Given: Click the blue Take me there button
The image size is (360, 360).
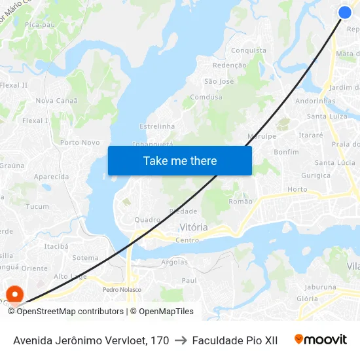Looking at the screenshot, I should click(180, 160).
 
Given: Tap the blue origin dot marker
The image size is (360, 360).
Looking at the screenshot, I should click(345, 12).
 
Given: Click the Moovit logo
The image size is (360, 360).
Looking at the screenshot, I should click(320, 340).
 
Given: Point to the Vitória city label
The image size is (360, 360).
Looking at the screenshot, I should click(193, 227).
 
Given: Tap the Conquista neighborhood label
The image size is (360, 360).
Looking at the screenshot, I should click(249, 50).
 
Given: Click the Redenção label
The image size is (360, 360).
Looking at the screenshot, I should click(230, 65).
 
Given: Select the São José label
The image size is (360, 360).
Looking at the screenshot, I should click(219, 81).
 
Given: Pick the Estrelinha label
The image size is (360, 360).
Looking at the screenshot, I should click(157, 126).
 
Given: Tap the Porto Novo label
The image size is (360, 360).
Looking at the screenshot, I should click(80, 143).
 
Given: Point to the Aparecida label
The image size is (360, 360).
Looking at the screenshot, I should click(51, 177).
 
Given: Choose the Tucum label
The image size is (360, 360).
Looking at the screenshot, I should click(37, 206).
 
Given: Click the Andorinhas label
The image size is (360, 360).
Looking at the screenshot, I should click(315, 101).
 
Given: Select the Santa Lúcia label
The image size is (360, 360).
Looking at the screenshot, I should click(334, 163).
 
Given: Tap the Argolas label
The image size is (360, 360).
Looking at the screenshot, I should click(174, 262).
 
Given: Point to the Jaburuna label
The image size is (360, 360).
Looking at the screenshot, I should click(320, 287).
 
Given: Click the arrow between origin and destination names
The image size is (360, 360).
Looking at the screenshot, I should click(180, 340).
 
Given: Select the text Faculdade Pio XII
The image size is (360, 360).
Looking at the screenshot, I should click(235, 340).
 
